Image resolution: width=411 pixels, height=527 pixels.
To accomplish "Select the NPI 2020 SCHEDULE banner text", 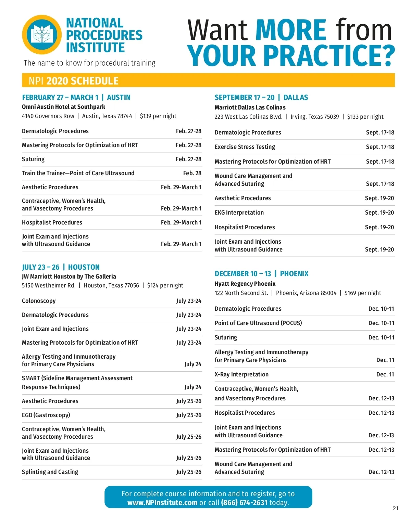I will click(74, 81).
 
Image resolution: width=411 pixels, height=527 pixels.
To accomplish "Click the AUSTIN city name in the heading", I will click(119, 97).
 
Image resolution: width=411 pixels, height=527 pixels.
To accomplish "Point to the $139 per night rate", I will click(158, 116).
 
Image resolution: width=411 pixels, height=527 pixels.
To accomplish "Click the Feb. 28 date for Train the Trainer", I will click(192, 173).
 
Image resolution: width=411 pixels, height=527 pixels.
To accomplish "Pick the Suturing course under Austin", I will click(33, 159).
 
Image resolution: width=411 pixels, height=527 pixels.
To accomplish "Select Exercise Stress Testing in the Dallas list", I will click(245, 147).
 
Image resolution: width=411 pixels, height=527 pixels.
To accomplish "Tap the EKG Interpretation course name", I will click(239, 213).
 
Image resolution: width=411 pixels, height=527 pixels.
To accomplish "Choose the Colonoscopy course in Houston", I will click(39, 301).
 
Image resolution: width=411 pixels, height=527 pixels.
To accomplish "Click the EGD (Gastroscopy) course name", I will click(46, 415).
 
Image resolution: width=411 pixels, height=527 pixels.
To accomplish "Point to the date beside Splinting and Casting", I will click(189, 472).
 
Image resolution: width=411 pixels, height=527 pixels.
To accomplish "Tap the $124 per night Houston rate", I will click(165, 285).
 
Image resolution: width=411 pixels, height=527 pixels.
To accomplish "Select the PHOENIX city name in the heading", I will click(294, 274).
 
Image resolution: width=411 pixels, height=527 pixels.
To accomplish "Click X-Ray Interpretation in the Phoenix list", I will click(241, 374).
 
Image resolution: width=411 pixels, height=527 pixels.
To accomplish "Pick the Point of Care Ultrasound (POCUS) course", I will click(258, 323).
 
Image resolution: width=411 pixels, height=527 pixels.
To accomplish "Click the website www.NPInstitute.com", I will click(162, 503).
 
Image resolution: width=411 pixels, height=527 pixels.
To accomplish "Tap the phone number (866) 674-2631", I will click(244, 503).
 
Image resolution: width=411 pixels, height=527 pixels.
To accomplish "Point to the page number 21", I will click(396, 509).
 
